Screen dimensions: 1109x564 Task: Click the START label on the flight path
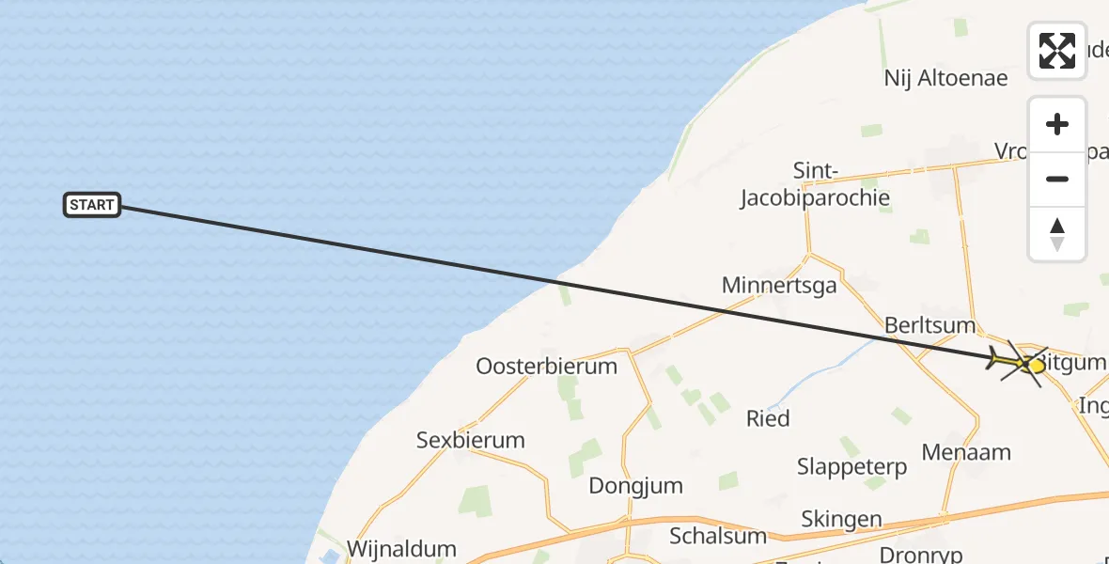click(92, 205)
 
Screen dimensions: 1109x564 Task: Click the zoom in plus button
click(1057, 125)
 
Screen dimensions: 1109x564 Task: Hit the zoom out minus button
click(1057, 180)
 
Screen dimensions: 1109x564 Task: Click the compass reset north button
click(1057, 234)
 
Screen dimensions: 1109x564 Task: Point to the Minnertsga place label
click(779, 285)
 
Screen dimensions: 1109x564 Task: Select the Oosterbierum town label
click(546, 366)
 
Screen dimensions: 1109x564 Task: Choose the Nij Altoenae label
click(945, 77)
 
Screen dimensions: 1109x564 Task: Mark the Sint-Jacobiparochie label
click(815, 184)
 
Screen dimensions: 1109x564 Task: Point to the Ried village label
click(768, 418)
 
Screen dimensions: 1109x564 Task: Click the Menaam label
click(966, 452)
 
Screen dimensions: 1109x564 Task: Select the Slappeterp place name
click(851, 467)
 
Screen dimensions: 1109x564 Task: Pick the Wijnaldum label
click(401, 549)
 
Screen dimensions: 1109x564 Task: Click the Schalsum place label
click(717, 536)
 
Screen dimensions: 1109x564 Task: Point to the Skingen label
click(841, 519)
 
